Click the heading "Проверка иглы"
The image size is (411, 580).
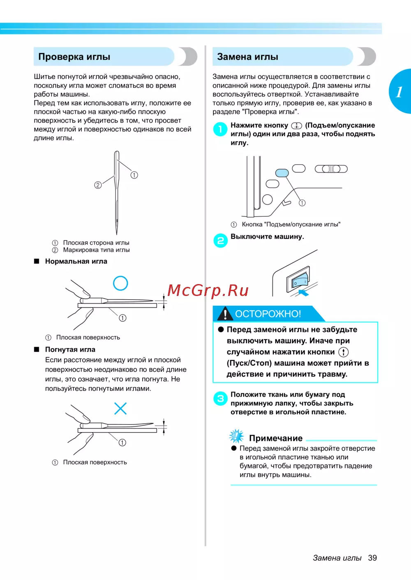pos(74,57)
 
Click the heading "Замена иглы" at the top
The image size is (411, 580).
pos(247,57)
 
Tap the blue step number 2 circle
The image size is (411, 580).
pos(220,241)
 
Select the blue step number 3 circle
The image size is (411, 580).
pos(220,398)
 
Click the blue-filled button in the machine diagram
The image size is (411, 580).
pos(282,173)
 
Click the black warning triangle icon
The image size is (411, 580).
pos(225,314)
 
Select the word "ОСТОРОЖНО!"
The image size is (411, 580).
pos(268,314)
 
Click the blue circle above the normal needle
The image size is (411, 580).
pos(120,283)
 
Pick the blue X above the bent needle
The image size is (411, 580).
pos(120,408)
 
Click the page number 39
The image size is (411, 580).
pos(372,558)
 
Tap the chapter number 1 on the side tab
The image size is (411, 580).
pos(399,92)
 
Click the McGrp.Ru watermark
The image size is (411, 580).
pos(208,290)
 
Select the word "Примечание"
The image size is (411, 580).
pos(276,438)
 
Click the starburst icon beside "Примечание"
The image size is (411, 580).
pos(236,436)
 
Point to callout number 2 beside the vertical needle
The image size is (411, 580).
pos(98,185)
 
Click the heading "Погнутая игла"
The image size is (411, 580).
pos(70,349)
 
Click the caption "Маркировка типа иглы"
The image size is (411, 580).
pos(96,250)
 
